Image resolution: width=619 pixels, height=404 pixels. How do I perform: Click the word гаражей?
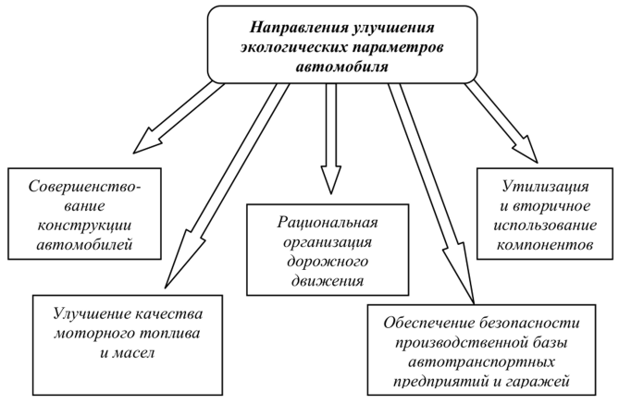539,379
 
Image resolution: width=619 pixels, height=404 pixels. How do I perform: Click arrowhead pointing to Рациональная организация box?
326,179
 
